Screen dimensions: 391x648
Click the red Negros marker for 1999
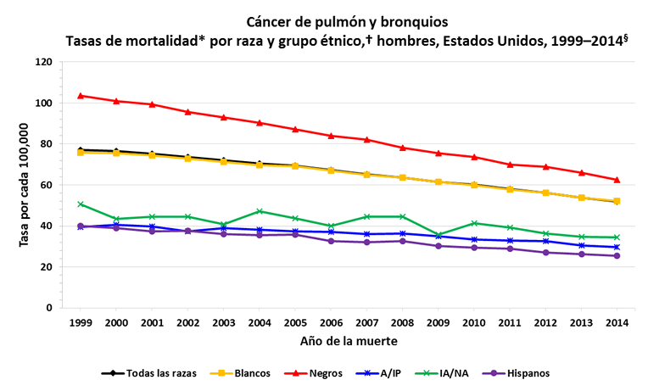click(x=81, y=96)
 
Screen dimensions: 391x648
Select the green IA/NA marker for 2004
click(x=260, y=211)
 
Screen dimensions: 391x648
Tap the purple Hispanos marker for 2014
click(x=617, y=255)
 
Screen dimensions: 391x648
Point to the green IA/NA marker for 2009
click(x=439, y=235)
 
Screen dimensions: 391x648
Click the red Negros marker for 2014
click(x=617, y=180)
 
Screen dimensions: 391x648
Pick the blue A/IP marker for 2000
click(x=116, y=225)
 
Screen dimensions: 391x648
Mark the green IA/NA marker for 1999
click(x=81, y=204)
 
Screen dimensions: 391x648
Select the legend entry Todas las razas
click(x=148, y=372)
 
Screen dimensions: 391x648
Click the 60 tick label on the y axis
click(x=47, y=185)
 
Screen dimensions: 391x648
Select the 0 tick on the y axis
click(x=50, y=308)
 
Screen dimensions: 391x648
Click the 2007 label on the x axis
click(x=366, y=323)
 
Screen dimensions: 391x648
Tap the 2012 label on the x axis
click(x=545, y=323)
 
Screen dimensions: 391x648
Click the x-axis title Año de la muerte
click(x=348, y=341)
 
